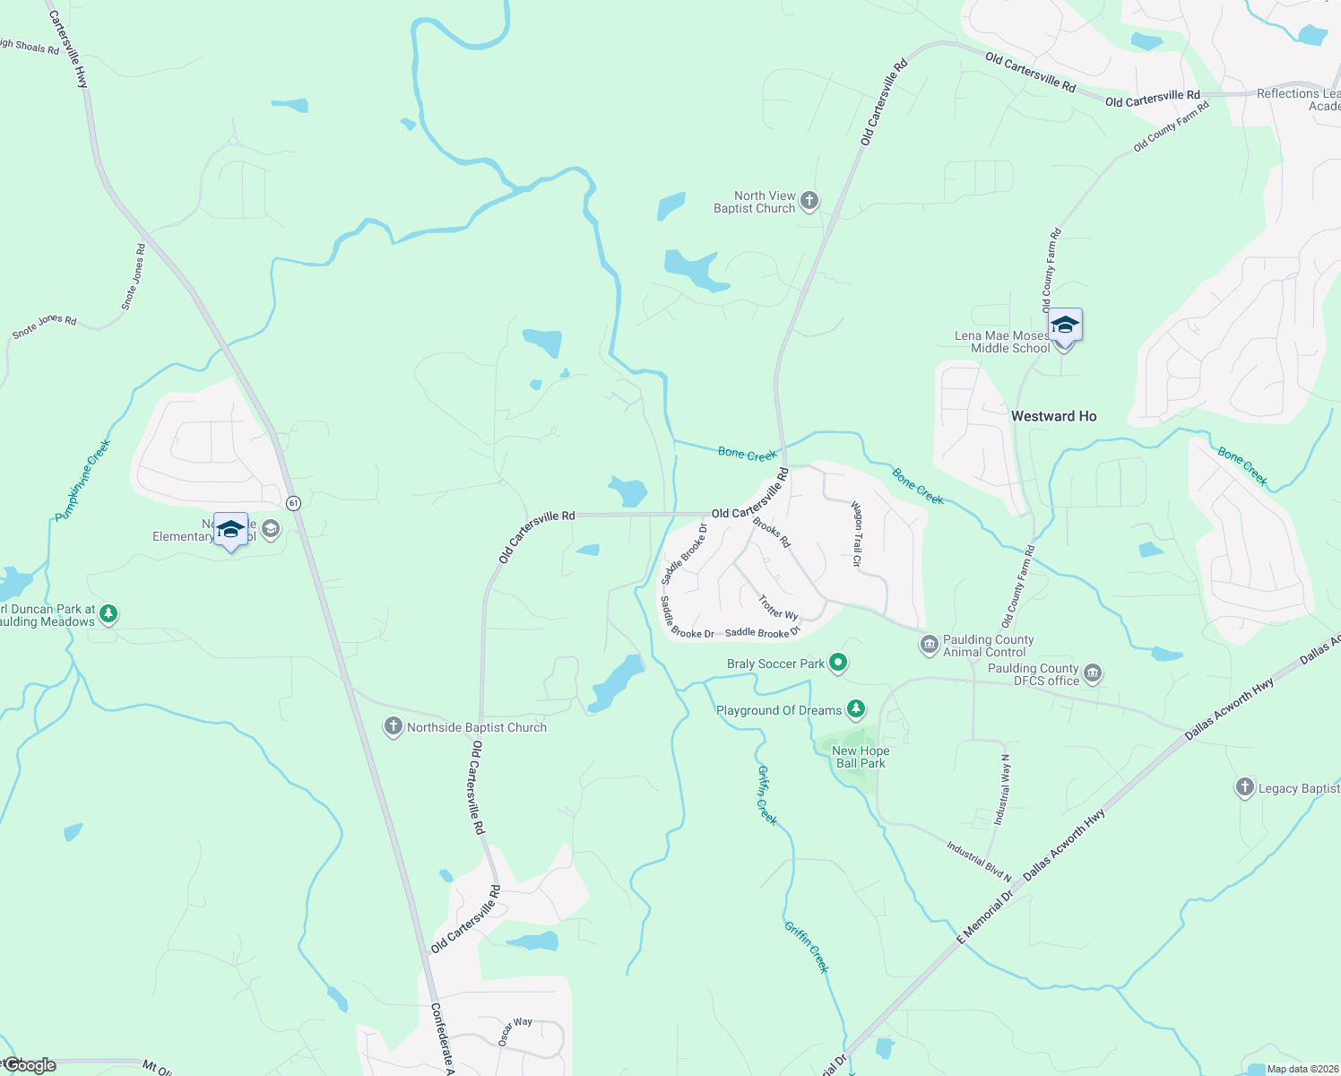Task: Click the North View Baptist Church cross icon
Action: pyautogui.click(x=809, y=201)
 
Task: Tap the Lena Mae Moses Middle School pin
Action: pyautogui.click(x=1064, y=327)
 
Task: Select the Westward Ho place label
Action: pyautogui.click(x=1053, y=416)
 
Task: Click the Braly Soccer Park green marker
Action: pyautogui.click(x=838, y=664)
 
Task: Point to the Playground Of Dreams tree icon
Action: pyautogui.click(x=856, y=710)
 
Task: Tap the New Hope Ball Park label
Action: pyautogui.click(x=861, y=758)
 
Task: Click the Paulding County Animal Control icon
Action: pyautogui.click(x=929, y=644)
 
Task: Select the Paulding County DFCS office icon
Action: pyautogui.click(x=1093, y=673)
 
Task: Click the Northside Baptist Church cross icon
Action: pyautogui.click(x=393, y=727)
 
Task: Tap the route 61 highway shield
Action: pyautogui.click(x=293, y=503)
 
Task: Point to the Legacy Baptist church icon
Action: pyautogui.click(x=1244, y=788)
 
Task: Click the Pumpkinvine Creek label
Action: pyautogui.click(x=83, y=481)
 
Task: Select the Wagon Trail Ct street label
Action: pyautogui.click(x=857, y=534)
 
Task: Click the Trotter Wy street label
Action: pyautogui.click(x=778, y=607)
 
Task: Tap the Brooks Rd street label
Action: pyautogui.click(x=772, y=532)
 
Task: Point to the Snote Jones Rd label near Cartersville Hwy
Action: pyautogui.click(x=134, y=277)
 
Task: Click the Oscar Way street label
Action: pyautogui.click(x=515, y=1031)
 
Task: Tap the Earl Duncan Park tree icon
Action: pyautogui.click(x=108, y=614)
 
